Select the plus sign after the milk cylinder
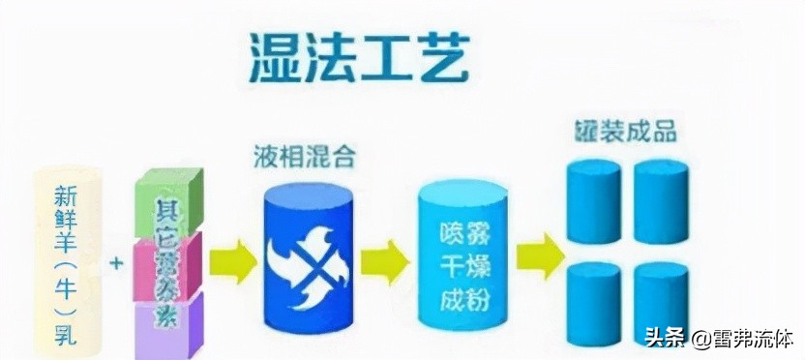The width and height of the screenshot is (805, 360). [x=117, y=262]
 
